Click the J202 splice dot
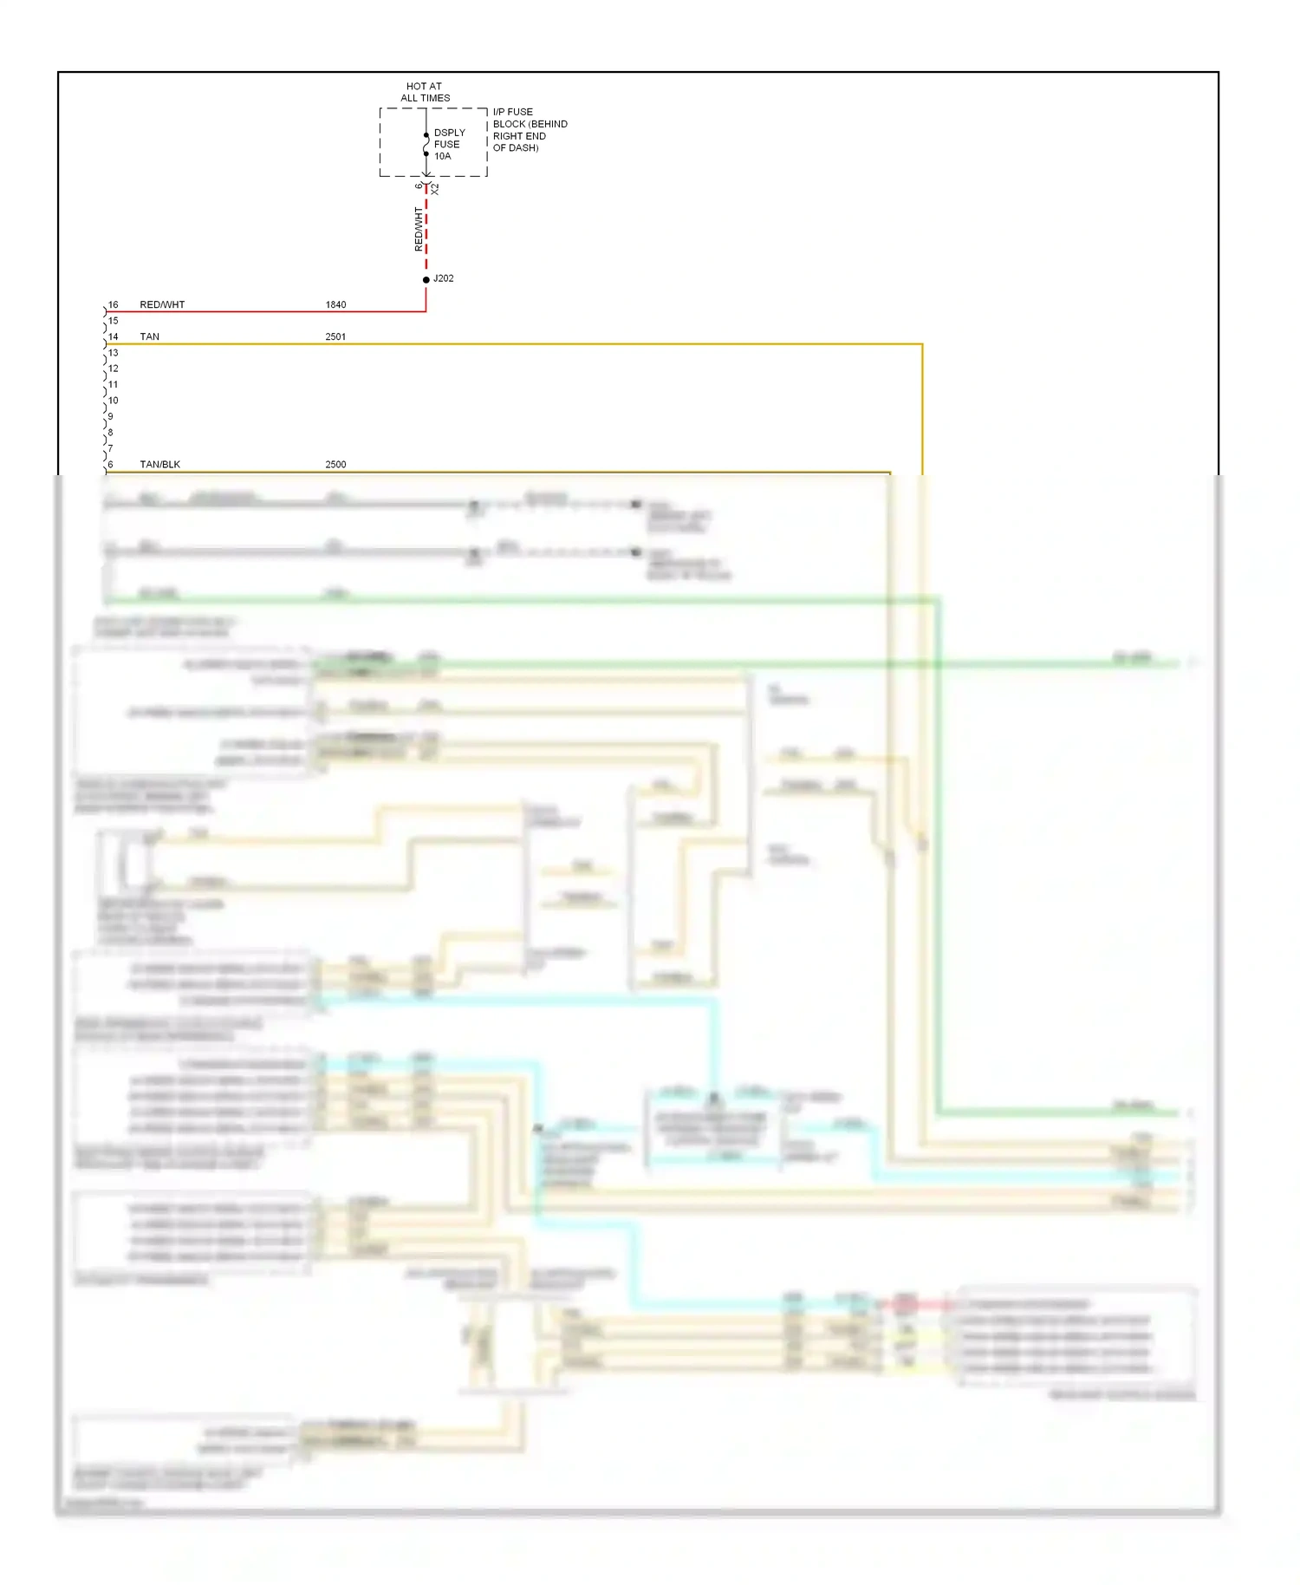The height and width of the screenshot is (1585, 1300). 426,279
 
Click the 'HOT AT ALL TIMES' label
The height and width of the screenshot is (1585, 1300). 425,92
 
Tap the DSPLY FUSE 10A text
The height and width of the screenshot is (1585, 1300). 448,144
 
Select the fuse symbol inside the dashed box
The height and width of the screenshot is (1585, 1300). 426,144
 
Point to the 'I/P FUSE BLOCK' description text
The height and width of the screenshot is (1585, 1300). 529,129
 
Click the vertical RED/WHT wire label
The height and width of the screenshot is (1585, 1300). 419,229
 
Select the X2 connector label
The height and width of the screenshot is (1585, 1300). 435,189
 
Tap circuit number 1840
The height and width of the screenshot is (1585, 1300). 335,304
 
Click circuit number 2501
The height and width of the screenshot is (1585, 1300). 335,336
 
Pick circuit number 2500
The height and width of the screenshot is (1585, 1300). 335,464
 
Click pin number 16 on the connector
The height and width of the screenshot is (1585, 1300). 113,304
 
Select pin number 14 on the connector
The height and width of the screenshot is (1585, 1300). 113,336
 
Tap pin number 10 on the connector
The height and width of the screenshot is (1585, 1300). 113,400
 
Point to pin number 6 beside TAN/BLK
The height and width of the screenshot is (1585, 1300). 110,464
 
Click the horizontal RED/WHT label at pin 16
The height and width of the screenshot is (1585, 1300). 162,304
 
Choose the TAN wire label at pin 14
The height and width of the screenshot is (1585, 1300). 149,336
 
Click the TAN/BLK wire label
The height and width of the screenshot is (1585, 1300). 159,464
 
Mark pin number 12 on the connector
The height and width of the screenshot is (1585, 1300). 113,368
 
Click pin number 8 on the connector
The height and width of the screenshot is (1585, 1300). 110,432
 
